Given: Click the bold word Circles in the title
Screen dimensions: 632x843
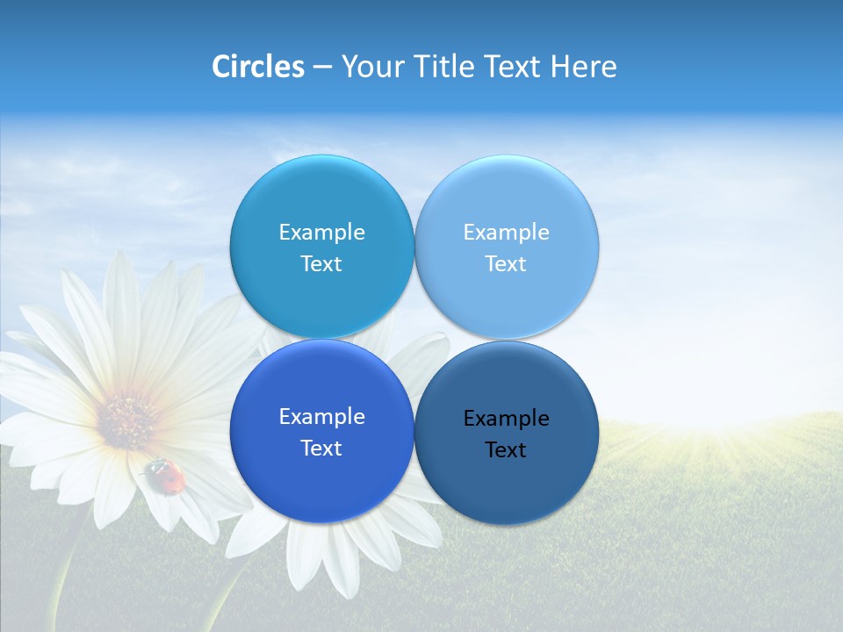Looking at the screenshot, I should click(x=258, y=67).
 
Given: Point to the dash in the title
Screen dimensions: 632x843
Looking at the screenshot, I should click(x=322, y=68).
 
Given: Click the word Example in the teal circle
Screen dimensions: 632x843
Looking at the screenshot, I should click(x=321, y=233).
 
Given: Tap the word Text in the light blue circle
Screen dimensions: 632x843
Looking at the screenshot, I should click(x=506, y=264).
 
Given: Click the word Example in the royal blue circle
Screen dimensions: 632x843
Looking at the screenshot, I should click(x=321, y=417).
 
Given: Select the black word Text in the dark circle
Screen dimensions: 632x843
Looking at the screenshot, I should click(x=506, y=450).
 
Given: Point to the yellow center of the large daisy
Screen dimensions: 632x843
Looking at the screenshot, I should click(x=127, y=419).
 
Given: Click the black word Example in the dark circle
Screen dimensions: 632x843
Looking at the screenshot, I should click(x=506, y=419).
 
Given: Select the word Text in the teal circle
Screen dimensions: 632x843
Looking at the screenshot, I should click(x=321, y=264).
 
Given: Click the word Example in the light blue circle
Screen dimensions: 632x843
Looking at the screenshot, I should click(x=506, y=233).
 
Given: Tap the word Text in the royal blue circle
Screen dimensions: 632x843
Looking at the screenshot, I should click(x=321, y=449).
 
